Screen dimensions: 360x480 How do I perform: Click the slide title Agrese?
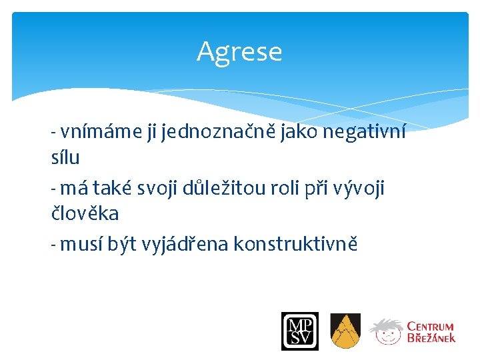pos(239,52)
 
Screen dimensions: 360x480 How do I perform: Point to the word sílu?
pos(65,157)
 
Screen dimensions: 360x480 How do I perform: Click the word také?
pos(115,189)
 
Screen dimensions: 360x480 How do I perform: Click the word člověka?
pos(85,213)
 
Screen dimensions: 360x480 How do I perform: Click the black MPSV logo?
pos(299,331)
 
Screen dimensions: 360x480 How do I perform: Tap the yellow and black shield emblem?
pos(345,331)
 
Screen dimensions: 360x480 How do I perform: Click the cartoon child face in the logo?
pos(387,331)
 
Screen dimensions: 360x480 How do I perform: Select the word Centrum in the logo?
pos(431,327)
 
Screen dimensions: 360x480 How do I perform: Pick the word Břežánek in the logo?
pos(431,338)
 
